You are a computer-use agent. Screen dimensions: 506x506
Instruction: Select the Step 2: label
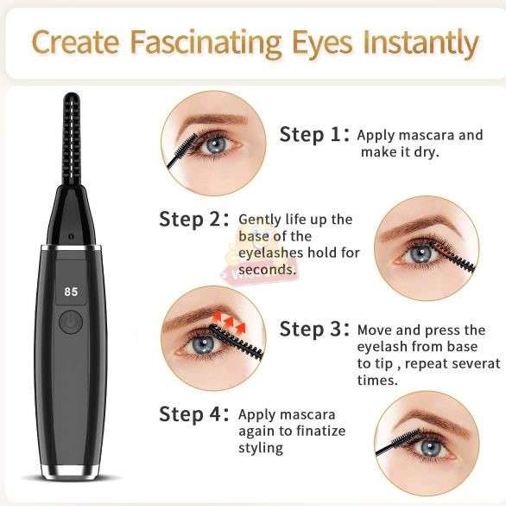pyautogui.click(x=193, y=219)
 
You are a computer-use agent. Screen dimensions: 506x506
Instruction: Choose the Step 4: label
pyautogui.click(x=193, y=413)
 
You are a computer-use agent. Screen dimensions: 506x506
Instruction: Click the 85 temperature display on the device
pyautogui.click(x=71, y=292)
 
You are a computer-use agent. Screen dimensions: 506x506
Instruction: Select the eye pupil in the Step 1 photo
pyautogui.click(x=214, y=144)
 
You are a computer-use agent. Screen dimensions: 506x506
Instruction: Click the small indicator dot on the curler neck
pyautogui.click(x=70, y=235)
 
